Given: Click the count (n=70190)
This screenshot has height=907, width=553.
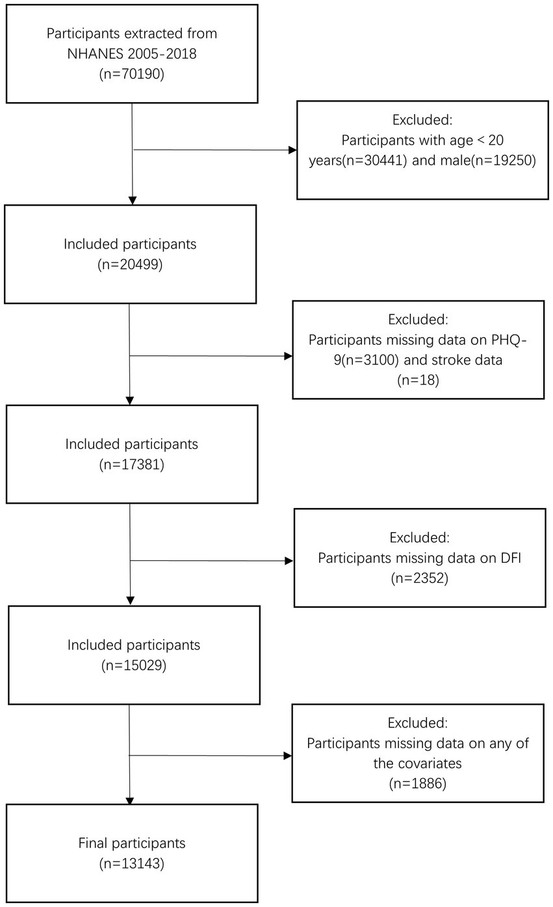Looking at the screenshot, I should (x=132, y=74).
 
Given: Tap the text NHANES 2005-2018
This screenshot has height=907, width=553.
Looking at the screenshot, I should (x=132, y=54).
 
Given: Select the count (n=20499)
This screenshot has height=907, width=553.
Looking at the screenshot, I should (x=130, y=264).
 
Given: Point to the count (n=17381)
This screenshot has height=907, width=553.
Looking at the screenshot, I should (x=132, y=465).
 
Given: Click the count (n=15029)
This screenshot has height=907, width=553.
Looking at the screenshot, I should (x=134, y=666).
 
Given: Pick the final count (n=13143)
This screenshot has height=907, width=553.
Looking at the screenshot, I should (x=132, y=863).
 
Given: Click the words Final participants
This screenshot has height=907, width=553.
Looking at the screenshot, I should (x=132, y=843).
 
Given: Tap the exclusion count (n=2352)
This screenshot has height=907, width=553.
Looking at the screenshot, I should (x=420, y=578).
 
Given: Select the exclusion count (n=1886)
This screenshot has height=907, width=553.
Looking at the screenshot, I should (x=418, y=783).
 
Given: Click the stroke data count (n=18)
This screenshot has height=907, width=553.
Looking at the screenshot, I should (x=418, y=380).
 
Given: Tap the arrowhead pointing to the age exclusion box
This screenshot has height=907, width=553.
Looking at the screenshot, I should (x=292, y=150).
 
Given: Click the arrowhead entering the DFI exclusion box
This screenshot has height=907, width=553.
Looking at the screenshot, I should (x=289, y=561).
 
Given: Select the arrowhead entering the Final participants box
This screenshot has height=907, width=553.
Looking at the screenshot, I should (x=130, y=800).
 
